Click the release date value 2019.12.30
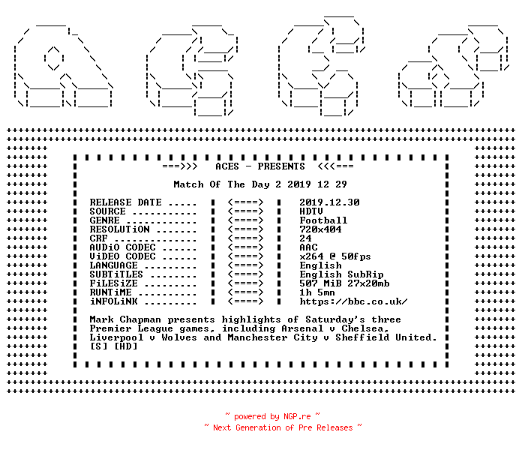[x=329, y=202]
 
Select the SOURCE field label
[x=107, y=211]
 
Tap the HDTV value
[x=311, y=211]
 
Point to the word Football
[x=323, y=220]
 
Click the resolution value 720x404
[x=320, y=229]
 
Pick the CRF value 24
[x=305, y=238]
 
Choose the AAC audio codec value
[x=308, y=247]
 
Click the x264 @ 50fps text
[x=335, y=256]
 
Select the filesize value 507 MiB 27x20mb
[x=344, y=283]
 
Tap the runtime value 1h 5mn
[x=317, y=292]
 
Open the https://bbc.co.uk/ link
[x=353, y=301]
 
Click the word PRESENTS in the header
[x=281, y=166]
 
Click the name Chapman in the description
[x=140, y=319]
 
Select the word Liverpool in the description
[x=116, y=337]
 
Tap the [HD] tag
[x=125, y=346]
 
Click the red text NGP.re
[x=297, y=416]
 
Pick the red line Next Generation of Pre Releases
[x=283, y=427]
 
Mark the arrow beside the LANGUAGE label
[x=246, y=265]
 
